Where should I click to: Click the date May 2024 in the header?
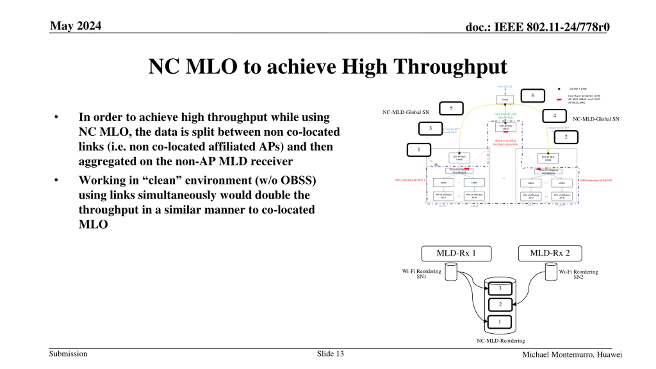tap(76, 26)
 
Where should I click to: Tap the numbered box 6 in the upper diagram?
tap(533, 96)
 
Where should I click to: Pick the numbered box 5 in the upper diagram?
tap(451, 108)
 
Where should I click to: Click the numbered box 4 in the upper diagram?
tap(554, 116)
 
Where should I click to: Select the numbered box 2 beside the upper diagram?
tap(566, 137)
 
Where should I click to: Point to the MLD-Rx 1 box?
tap(456, 253)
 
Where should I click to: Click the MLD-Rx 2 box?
tap(550, 253)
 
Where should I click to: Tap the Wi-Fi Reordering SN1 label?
tap(422, 274)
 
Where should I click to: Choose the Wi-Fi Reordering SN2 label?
tap(578, 274)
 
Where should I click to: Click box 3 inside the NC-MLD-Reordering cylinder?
tap(500, 289)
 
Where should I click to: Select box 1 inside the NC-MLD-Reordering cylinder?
tap(499, 322)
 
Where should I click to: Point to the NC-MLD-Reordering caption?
tap(501, 341)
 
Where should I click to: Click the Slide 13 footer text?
tap(330, 354)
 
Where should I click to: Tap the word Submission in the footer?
tap(68, 354)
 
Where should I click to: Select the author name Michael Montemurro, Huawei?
tap(572, 355)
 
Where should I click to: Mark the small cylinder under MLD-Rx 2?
tap(551, 272)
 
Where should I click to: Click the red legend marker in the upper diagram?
tap(559, 99)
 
